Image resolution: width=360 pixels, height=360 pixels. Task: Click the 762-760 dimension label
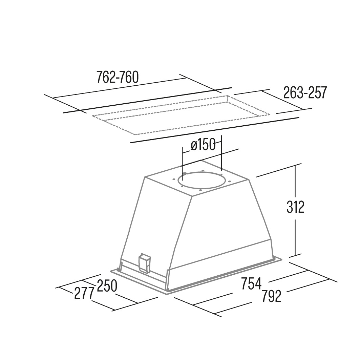tap(117, 77)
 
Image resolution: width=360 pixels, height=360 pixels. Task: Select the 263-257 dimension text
tap(305, 92)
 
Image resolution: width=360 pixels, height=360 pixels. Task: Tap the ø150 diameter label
tap(203, 145)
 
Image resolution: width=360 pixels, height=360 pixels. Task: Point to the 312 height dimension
tap(296, 207)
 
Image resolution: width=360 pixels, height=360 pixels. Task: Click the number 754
tap(251, 283)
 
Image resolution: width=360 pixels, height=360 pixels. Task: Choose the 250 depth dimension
tap(107, 286)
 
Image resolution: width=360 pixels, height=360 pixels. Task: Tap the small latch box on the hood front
tap(144, 263)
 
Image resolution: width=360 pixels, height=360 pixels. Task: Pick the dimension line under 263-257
tap(282, 100)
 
